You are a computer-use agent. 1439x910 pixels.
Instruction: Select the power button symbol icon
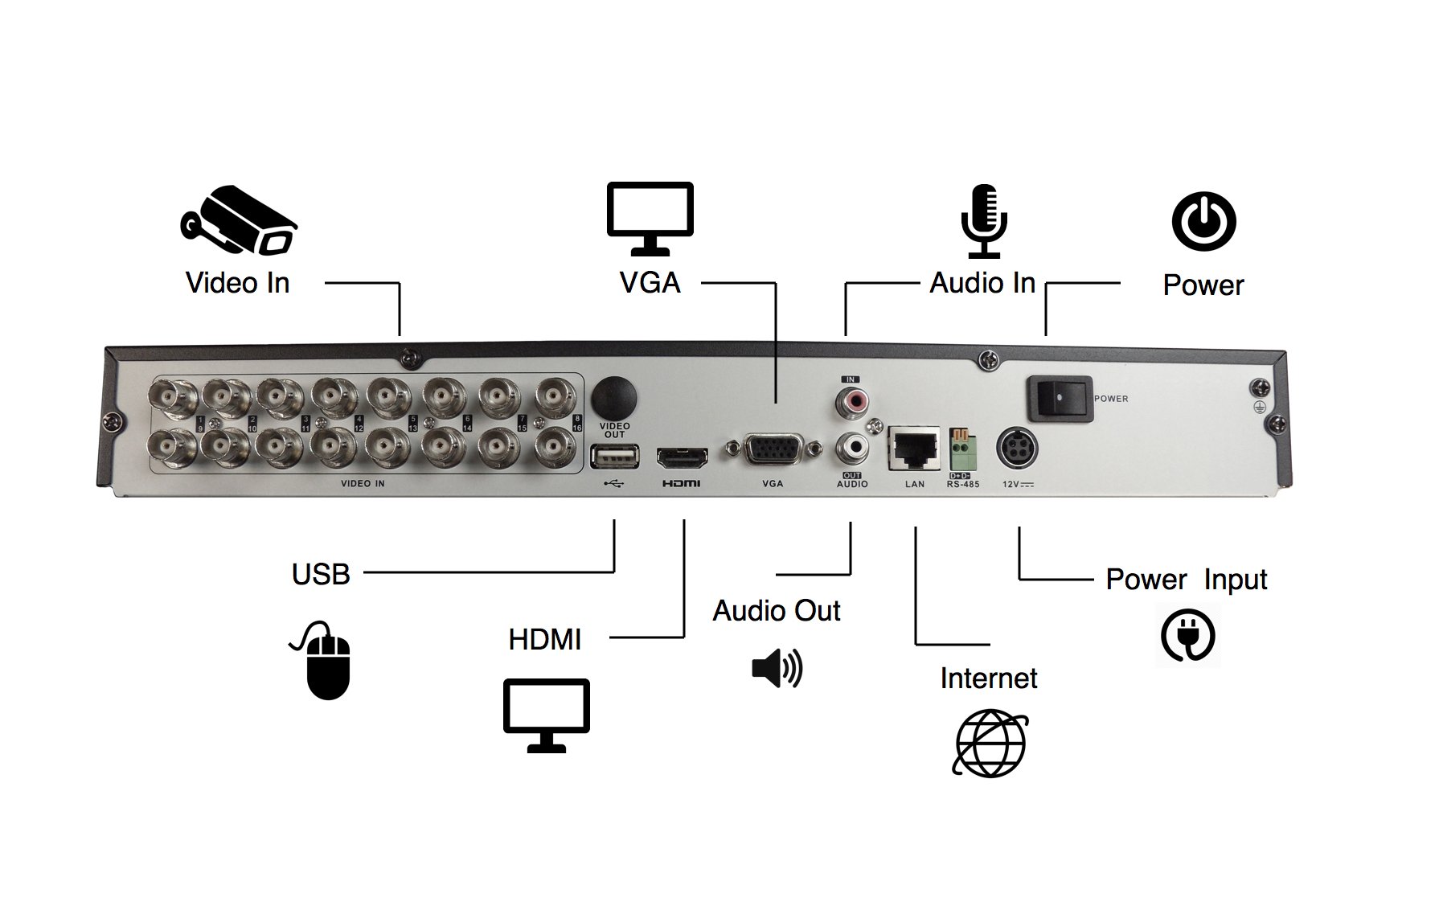point(1203,222)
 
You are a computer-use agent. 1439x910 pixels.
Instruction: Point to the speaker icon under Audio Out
point(777,668)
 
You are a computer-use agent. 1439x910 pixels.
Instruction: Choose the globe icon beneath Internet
point(990,743)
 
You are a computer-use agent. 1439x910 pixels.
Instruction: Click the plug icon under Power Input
point(1187,636)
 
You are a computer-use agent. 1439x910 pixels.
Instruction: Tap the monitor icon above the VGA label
point(650,218)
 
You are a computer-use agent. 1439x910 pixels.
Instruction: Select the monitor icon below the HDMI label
point(547,715)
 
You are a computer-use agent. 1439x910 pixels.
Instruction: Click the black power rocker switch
point(1060,398)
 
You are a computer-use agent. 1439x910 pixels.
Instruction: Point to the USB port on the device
point(614,457)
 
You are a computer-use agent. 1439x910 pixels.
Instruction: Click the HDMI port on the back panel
point(683,458)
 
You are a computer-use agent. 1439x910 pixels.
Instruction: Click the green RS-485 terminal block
point(963,453)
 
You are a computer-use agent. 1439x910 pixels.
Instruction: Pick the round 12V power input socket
point(1017,449)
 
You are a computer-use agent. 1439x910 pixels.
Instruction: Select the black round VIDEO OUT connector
point(614,396)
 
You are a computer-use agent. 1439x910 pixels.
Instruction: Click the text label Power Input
point(1186,580)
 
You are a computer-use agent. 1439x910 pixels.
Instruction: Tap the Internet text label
point(988,678)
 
